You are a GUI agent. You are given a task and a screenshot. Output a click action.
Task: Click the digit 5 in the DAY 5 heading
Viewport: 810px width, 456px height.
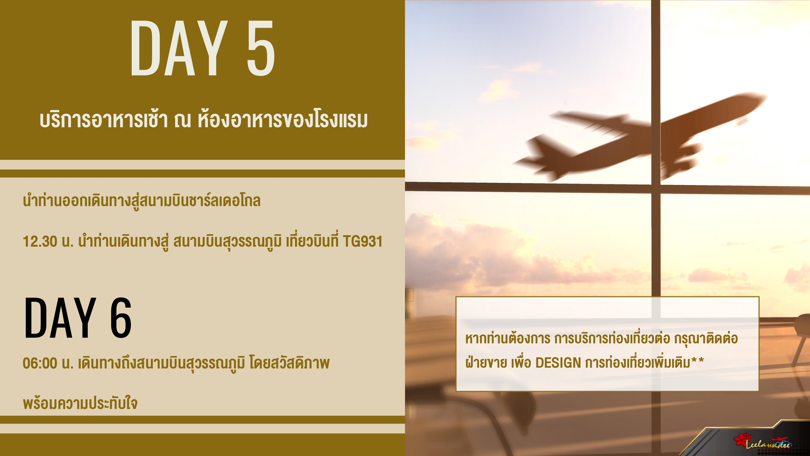coord(261,48)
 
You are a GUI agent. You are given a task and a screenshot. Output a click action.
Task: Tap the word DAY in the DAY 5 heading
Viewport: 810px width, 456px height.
coord(179,48)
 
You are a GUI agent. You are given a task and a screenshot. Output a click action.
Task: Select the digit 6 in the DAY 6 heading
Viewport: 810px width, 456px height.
coord(121,318)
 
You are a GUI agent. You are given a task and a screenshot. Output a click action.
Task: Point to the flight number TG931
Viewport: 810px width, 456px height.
coord(363,242)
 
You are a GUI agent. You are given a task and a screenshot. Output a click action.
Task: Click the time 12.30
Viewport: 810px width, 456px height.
coord(40,242)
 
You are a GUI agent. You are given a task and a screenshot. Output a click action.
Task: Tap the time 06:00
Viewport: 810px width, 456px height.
coord(40,363)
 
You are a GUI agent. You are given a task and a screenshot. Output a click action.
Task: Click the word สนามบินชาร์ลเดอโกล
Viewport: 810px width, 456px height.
coord(200,201)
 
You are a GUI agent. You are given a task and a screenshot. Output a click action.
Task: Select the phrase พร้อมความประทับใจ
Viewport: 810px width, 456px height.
coord(80,403)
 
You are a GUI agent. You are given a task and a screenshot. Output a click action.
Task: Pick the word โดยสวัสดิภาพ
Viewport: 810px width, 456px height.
coord(290,363)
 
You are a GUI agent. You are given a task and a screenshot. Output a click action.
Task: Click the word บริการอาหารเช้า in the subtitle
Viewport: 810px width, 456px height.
coord(104,120)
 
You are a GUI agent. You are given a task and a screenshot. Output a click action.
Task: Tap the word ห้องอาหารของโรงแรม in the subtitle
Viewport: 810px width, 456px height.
coord(283,120)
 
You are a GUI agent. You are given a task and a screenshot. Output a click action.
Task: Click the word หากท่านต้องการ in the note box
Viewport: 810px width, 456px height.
coord(508,338)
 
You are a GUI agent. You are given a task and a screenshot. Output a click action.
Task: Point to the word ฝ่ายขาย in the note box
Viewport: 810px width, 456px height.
coord(486,363)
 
